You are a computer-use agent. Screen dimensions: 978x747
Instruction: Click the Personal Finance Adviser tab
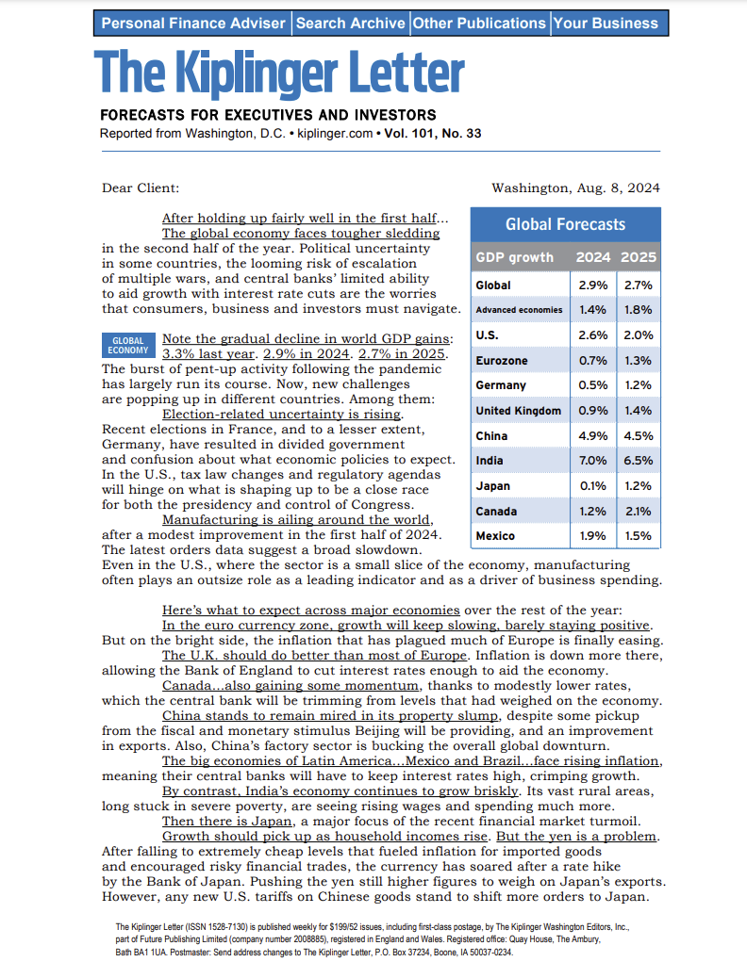[194, 23]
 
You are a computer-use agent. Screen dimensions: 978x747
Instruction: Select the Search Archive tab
[350, 23]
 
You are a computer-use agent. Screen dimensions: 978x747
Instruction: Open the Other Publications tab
[479, 23]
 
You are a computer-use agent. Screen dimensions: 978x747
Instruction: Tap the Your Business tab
[606, 23]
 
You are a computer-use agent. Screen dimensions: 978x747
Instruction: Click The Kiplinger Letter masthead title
[279, 73]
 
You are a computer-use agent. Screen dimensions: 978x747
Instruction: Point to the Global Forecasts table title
[565, 224]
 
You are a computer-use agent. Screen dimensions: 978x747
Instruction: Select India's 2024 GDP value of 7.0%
[592, 461]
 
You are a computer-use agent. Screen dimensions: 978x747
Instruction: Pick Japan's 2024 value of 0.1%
[592, 486]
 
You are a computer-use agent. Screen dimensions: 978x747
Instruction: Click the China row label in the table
[492, 436]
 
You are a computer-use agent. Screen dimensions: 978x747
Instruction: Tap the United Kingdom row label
[518, 411]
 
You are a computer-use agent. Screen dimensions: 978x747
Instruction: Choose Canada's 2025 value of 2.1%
[639, 512]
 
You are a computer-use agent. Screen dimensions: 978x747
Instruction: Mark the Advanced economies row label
[519, 310]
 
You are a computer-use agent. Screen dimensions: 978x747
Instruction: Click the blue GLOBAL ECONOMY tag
[128, 346]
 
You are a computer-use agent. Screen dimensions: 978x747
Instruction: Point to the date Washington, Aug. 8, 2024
[575, 188]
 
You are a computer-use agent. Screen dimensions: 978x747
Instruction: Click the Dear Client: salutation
[141, 188]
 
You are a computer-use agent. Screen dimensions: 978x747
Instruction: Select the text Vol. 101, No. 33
[433, 134]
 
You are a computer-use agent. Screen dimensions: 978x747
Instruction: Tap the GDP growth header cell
[515, 257]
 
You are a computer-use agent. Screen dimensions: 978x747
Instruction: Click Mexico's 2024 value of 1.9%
[592, 536]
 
